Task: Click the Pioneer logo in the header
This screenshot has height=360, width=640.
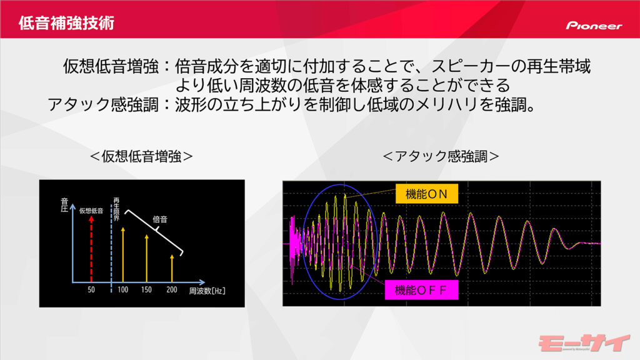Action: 594,26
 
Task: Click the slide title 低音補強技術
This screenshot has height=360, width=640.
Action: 66,23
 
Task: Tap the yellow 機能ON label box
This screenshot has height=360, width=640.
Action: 426,194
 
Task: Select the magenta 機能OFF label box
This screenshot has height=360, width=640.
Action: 421,290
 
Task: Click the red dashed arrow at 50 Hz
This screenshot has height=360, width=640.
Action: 91,249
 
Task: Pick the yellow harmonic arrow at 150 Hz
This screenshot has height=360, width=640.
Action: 146,258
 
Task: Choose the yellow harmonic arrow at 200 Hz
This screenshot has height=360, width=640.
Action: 172,268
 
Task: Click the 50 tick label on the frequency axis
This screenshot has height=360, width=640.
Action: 91,290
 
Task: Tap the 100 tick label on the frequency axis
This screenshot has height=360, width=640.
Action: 123,290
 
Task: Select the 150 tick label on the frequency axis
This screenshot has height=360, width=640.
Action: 146,290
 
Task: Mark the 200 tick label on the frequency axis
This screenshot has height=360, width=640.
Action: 172,290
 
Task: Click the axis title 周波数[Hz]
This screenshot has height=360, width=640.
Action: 207,291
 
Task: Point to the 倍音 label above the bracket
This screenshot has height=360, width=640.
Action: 160,219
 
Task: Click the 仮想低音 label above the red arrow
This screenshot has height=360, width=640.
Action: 91,211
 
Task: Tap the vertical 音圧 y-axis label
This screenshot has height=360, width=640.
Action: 64,205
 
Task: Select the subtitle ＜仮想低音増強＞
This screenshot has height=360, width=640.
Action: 141,156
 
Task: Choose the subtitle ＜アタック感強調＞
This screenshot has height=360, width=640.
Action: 441,156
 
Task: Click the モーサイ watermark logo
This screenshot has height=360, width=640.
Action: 584,343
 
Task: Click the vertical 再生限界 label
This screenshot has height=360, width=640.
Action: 116,209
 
